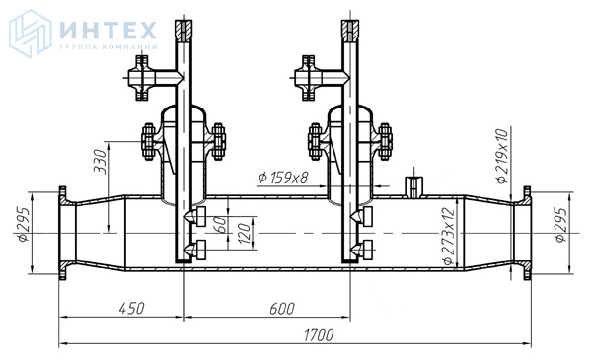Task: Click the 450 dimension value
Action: click(x=132, y=308)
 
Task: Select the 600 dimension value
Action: click(x=282, y=309)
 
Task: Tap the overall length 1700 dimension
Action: click(x=319, y=335)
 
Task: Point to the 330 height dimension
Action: click(x=101, y=161)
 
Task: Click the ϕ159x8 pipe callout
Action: click(x=284, y=178)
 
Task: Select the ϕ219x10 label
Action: click(x=503, y=156)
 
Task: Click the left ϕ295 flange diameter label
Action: click(x=24, y=224)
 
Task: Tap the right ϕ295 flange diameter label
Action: click(x=561, y=225)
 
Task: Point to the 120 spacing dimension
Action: click(x=244, y=233)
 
